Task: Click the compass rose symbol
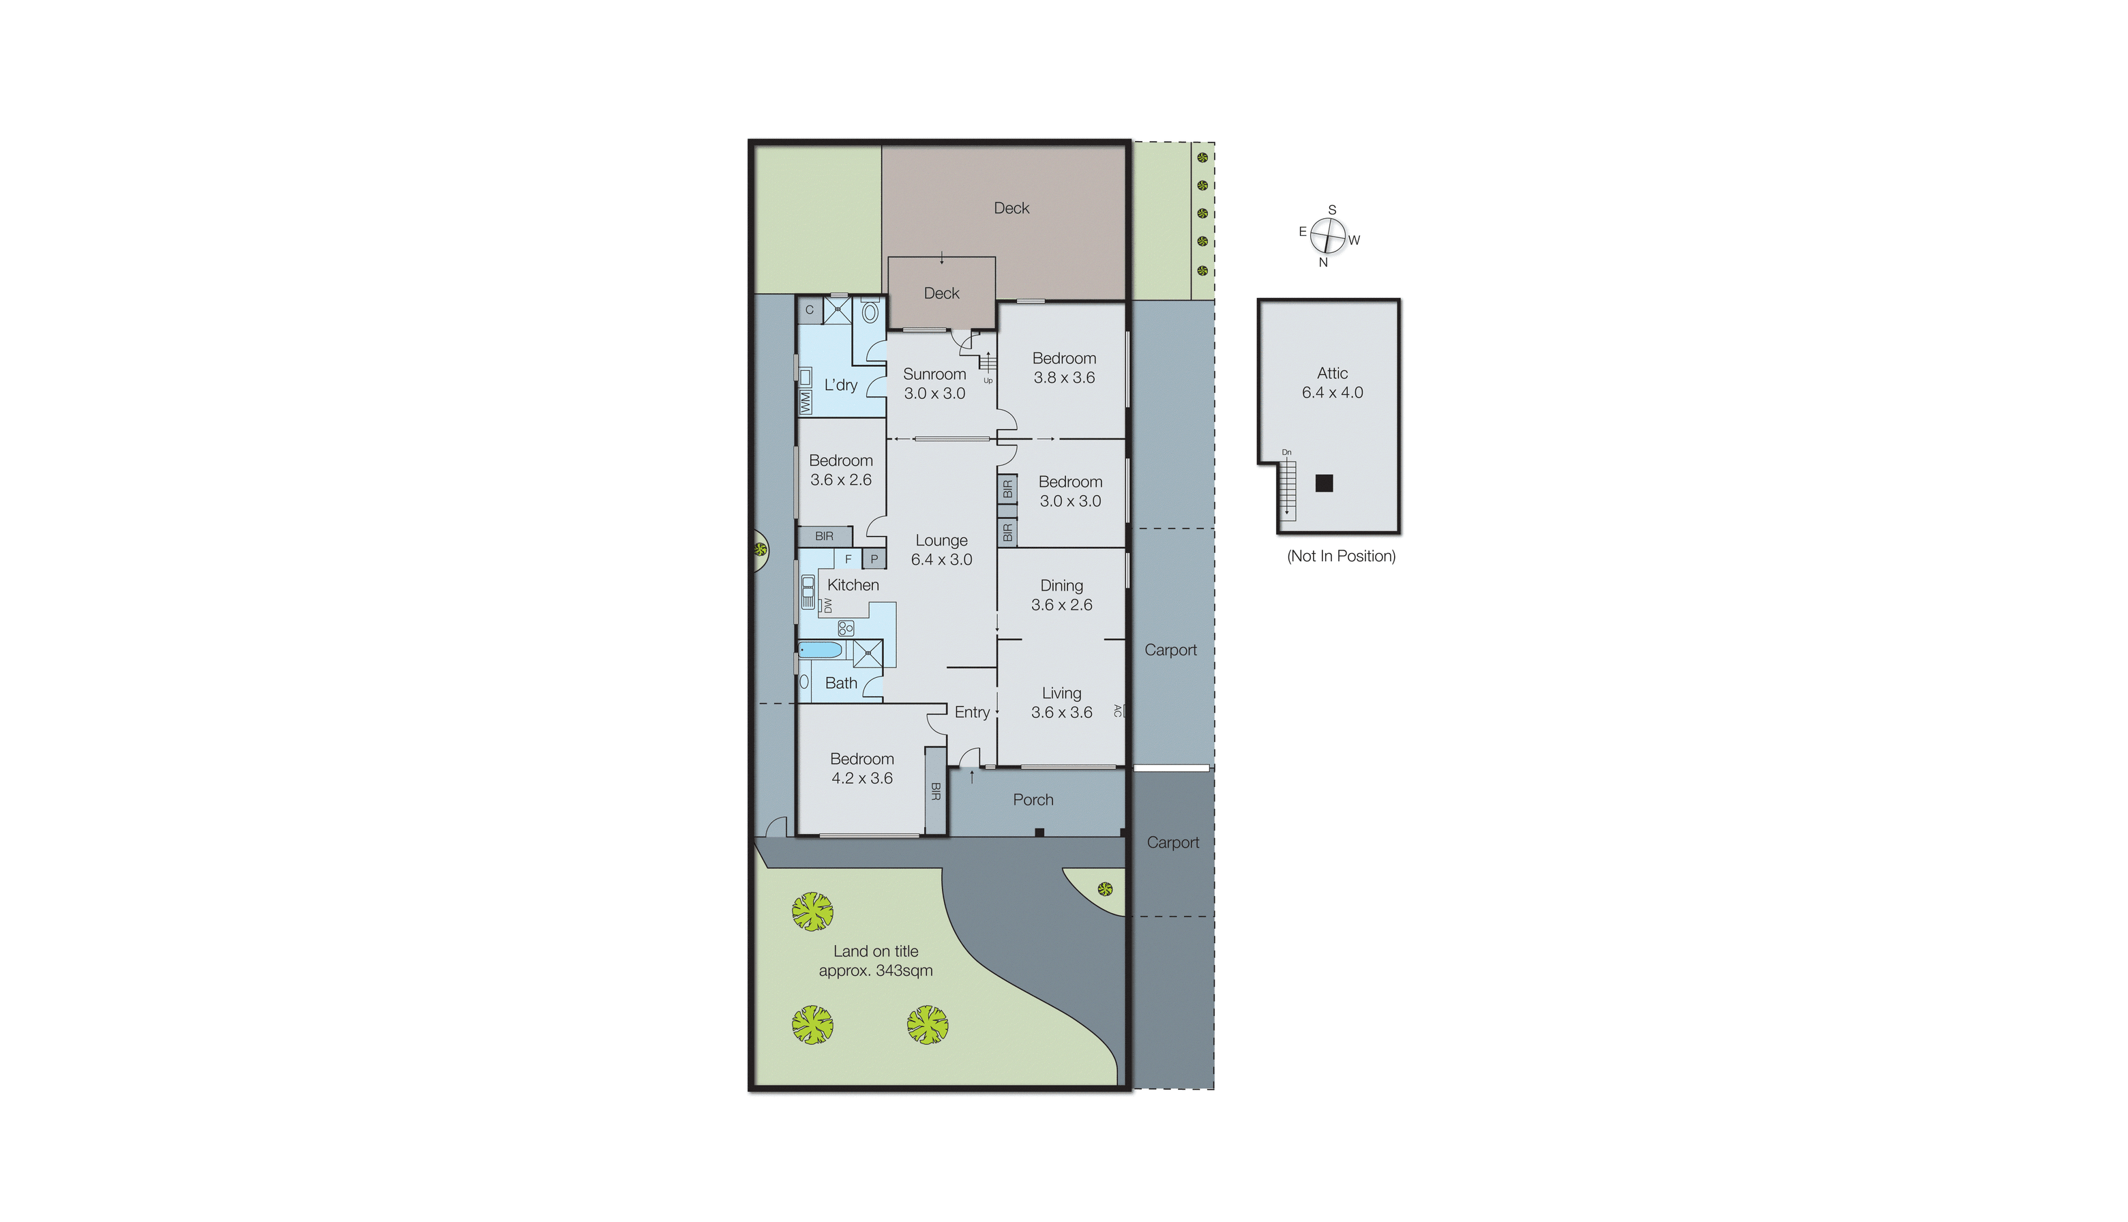1328,236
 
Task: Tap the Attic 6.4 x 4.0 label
1332,383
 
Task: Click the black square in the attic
1324,483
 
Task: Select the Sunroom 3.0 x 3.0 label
934,383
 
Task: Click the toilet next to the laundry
870,314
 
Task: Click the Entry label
972,713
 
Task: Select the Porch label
1033,800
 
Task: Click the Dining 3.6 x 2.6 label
1061,595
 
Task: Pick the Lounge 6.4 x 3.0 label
941,550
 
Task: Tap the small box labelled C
809,310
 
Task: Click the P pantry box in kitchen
874,559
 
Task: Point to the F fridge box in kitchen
848,559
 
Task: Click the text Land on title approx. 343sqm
876,961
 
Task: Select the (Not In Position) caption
1341,556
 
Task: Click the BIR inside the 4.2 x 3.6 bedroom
935,790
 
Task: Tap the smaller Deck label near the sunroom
941,293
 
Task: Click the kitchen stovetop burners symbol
845,628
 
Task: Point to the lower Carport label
1172,843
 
